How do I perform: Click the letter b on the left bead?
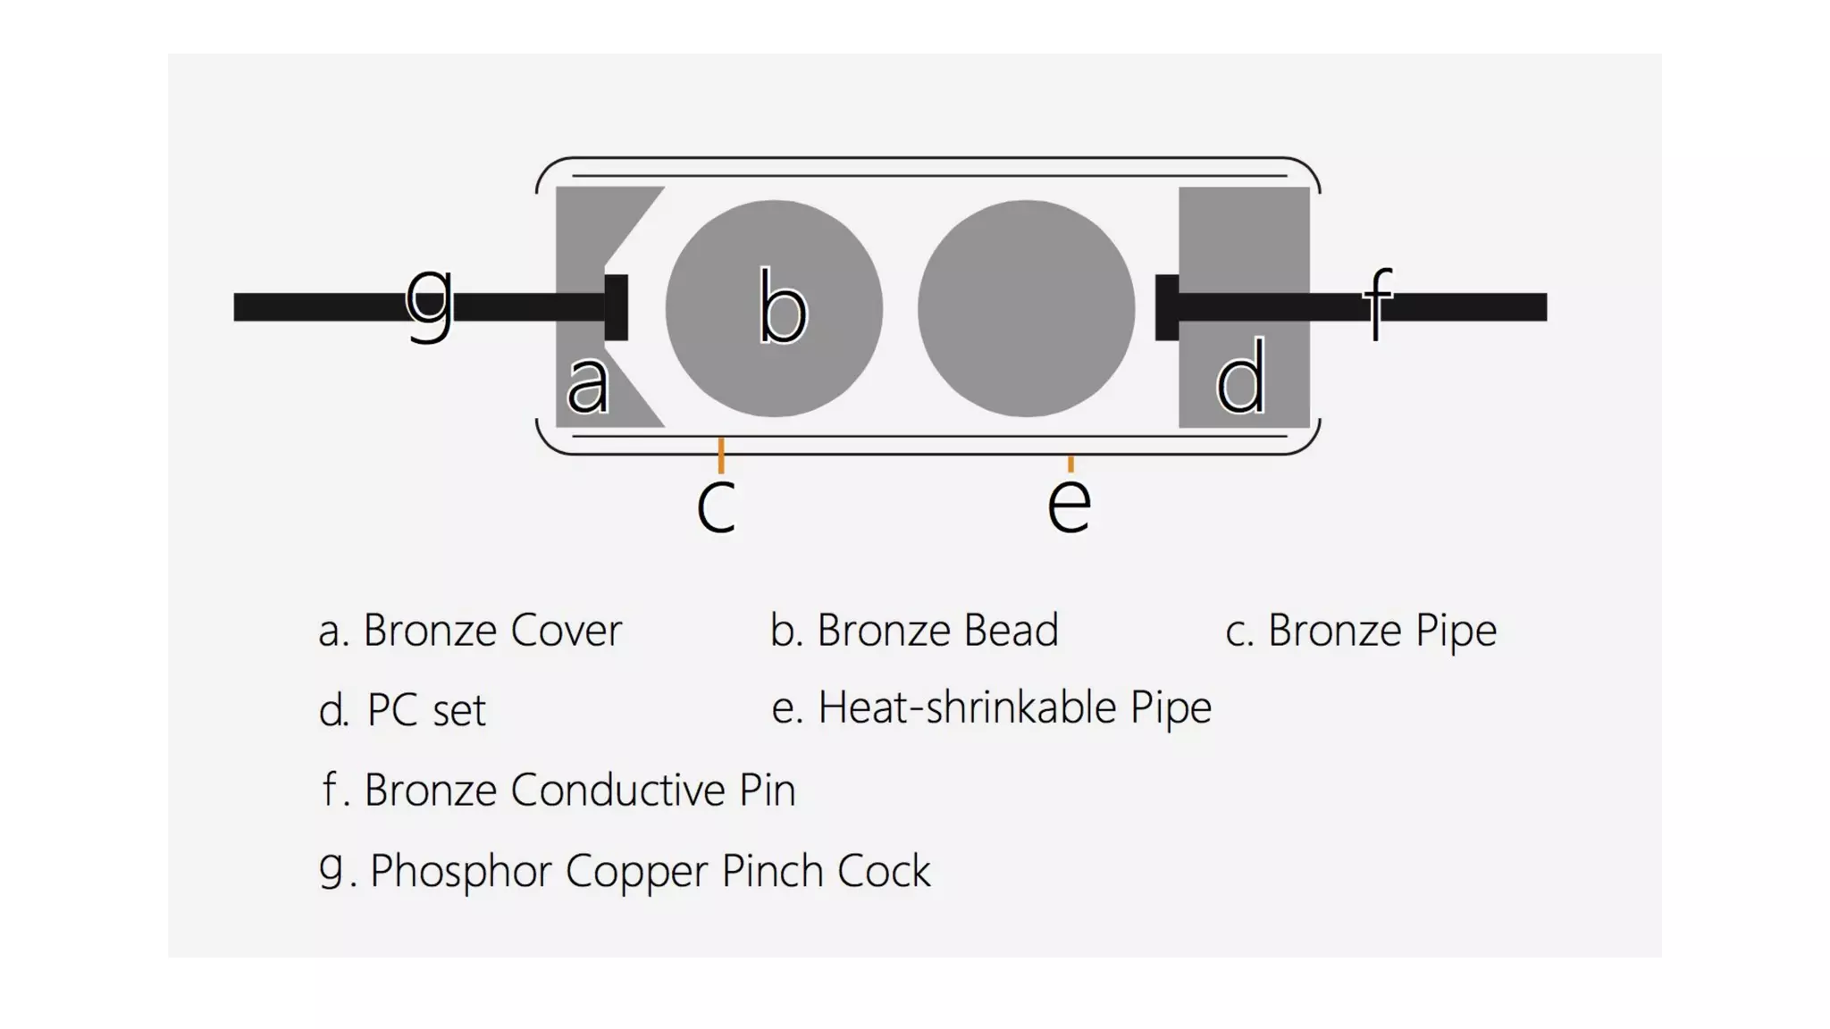pos(782,307)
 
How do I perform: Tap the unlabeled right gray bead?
pos(1026,308)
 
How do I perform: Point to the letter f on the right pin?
pos(1378,304)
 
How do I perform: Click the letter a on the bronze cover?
pos(589,384)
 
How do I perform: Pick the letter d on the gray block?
pos(1241,377)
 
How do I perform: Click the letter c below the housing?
pos(716,506)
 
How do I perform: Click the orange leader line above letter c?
pos(721,455)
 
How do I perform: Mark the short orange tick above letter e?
pos(1070,463)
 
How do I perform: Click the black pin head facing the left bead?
pos(617,307)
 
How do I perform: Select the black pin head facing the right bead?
pos(1166,307)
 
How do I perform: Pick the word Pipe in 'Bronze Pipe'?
pos(1456,631)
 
